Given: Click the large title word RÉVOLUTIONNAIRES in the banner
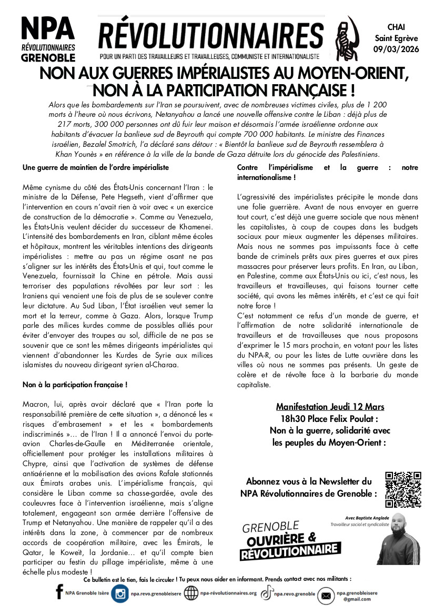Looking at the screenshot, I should click(211, 36).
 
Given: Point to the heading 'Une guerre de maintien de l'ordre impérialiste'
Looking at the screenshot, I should click(96, 168).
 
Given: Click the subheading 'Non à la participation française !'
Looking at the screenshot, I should click(75, 385).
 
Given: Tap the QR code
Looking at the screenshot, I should click(403, 489).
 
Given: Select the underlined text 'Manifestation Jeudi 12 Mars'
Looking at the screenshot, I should click(330, 407).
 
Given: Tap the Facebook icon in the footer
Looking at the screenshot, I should click(59, 593).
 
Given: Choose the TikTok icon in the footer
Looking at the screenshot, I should click(267, 593).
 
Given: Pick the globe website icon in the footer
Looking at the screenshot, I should click(191, 594).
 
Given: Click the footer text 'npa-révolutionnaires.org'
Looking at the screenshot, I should click(228, 594).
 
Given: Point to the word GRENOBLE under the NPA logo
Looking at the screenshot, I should click(48, 57).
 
